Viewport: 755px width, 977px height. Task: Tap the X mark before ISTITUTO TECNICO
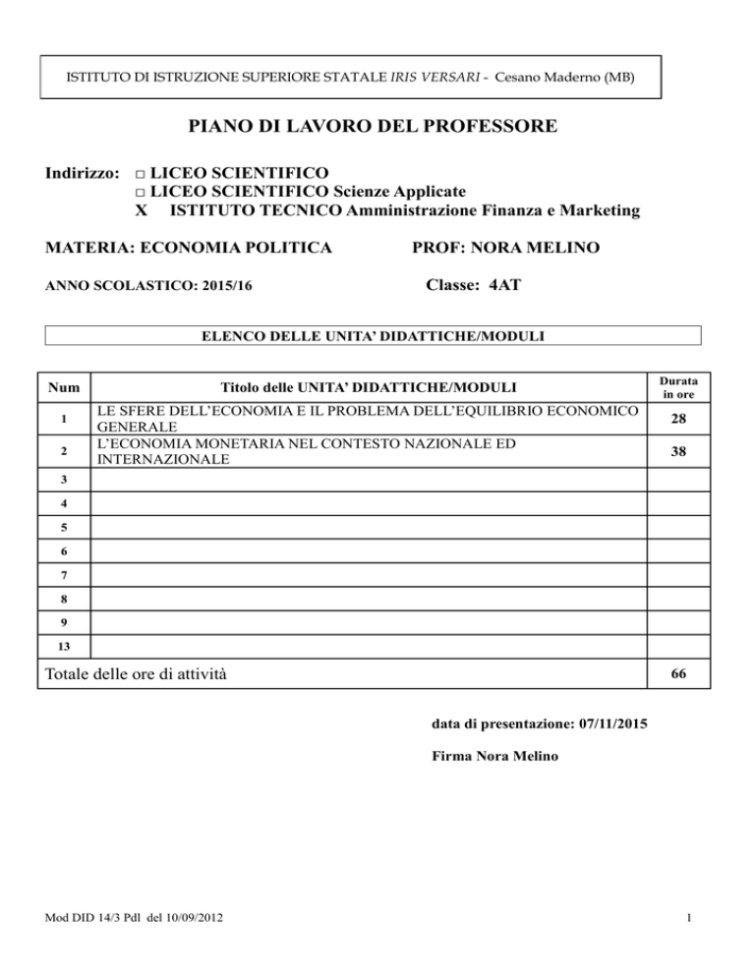point(142,209)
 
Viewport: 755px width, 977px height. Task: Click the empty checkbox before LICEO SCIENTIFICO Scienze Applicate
point(142,191)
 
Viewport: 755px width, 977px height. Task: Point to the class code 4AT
point(498,287)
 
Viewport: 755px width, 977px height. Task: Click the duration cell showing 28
point(677,419)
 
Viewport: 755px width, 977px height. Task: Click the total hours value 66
point(677,675)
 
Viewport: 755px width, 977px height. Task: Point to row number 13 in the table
point(65,647)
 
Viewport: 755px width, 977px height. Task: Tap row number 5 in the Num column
point(65,528)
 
